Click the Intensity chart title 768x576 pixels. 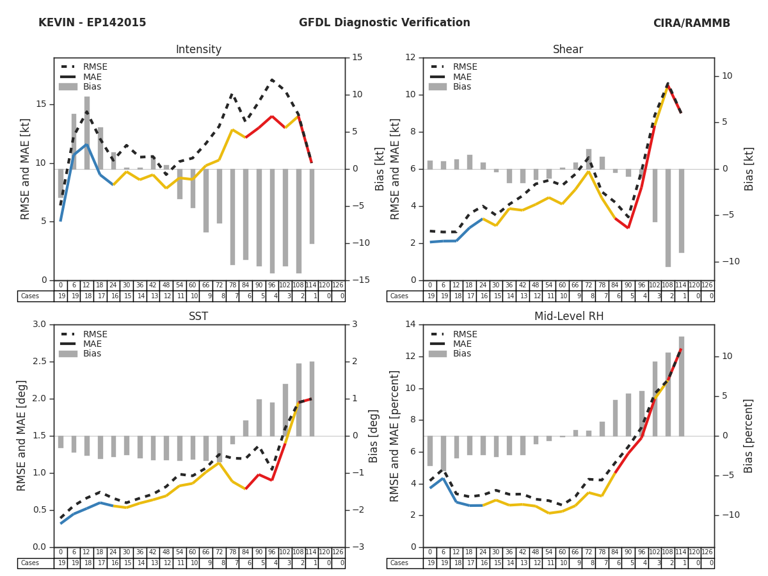pos(198,50)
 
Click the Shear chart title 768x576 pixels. pos(568,50)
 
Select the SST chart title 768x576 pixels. pos(198,317)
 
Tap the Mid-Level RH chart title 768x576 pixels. pos(568,317)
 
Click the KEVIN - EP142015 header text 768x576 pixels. pos(92,23)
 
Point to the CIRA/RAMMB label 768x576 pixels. pos(691,24)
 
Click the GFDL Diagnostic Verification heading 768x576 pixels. pos(384,23)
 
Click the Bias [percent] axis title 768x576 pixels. pos(749,435)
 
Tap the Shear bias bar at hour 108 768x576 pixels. pos(668,218)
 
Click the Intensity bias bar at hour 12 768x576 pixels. pos(86,132)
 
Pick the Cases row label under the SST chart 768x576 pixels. pos(29,563)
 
